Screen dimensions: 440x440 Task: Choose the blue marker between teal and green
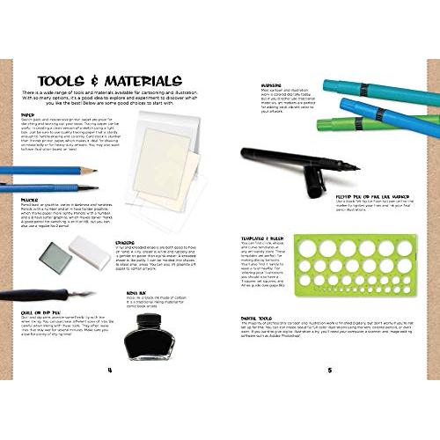point(387,109)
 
